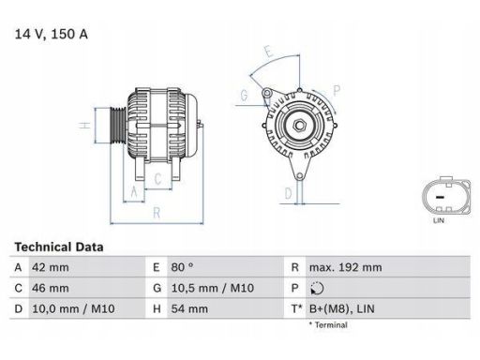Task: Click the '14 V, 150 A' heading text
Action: click(53, 35)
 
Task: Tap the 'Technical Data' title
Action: click(59, 247)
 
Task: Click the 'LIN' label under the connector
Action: click(438, 220)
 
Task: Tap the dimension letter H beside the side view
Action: click(83, 126)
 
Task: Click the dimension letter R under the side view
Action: click(156, 213)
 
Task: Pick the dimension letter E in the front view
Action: click(268, 51)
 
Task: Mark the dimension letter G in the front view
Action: click(243, 95)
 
